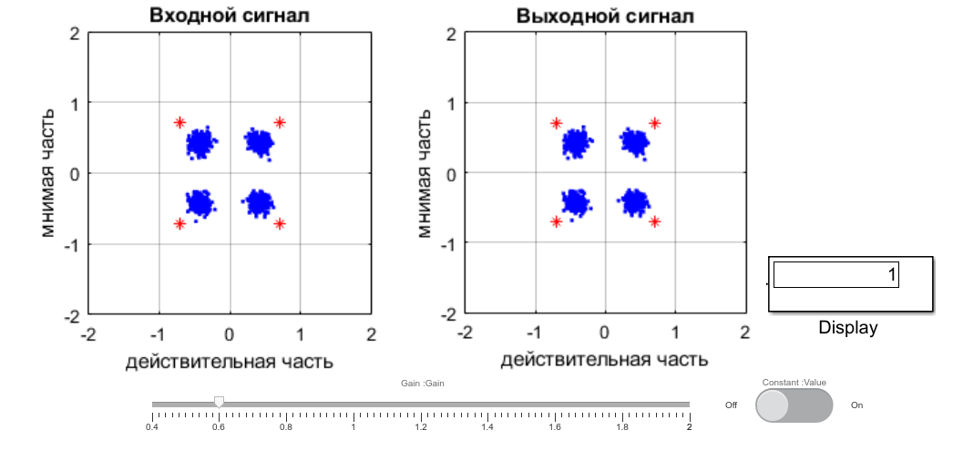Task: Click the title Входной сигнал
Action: (230, 15)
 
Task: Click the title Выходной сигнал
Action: (605, 15)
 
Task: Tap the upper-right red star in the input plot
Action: (280, 122)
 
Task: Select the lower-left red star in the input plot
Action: (179, 223)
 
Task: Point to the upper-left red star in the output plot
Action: (556, 123)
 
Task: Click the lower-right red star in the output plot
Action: (654, 221)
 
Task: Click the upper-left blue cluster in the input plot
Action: (200, 142)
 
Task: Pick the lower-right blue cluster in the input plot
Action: (260, 202)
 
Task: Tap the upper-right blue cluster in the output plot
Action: (634, 141)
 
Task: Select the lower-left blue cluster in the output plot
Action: (575, 201)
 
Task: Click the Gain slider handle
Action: (219, 402)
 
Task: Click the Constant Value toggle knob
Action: (773, 405)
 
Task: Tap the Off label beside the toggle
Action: (731, 405)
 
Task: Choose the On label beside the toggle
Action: (856, 405)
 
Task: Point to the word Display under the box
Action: (847, 328)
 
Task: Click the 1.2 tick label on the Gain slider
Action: (421, 426)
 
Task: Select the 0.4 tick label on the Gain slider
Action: (152, 426)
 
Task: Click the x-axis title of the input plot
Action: (230, 362)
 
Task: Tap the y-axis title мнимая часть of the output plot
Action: (425, 173)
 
